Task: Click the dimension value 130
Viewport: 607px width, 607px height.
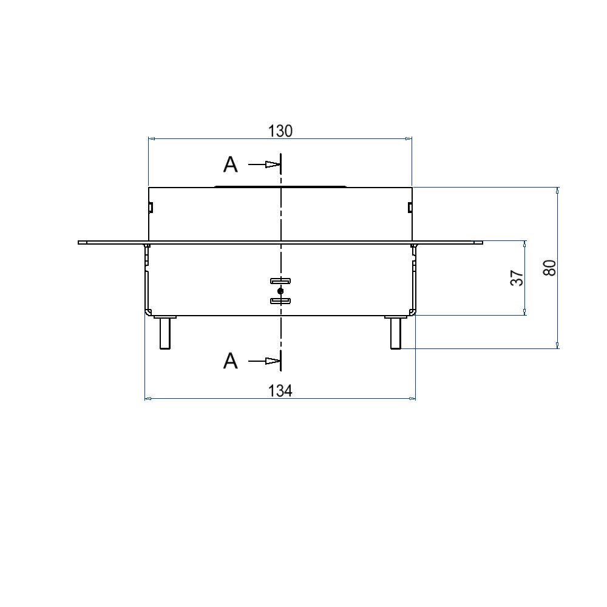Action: tap(280, 131)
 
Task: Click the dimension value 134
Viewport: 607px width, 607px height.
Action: tap(280, 391)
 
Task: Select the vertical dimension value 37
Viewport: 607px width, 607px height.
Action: tap(517, 278)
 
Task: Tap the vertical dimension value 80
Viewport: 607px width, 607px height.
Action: tap(550, 268)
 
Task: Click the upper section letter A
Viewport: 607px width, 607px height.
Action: tap(230, 164)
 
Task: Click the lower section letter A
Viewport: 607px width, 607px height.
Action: tap(230, 361)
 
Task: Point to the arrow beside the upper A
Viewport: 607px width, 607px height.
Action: tap(263, 164)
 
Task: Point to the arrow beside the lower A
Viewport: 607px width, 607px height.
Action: tap(263, 361)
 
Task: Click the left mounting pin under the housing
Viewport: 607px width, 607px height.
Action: tap(165, 333)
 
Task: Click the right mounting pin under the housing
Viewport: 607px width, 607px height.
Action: tap(396, 333)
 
